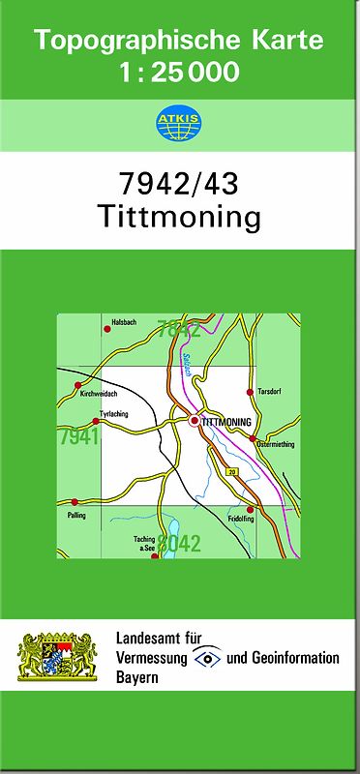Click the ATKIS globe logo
tap(180, 122)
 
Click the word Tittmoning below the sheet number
tap(180, 216)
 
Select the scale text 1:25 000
tap(180, 72)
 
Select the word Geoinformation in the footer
tap(296, 658)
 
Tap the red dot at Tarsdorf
tap(250, 392)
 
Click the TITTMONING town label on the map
tap(227, 423)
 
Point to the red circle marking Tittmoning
tap(195, 422)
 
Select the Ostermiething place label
tap(275, 445)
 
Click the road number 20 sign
tap(231, 471)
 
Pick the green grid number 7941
tap(78, 437)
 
